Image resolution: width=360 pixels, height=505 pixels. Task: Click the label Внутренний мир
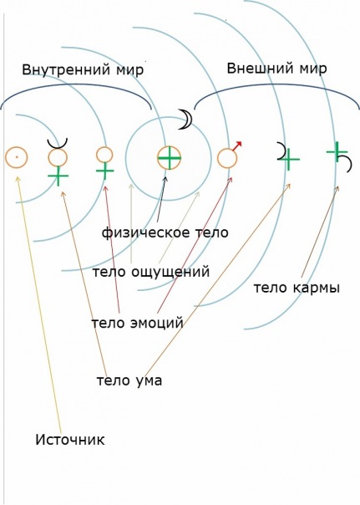click(83, 70)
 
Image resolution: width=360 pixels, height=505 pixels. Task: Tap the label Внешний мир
click(276, 69)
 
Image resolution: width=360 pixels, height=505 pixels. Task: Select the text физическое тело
click(165, 232)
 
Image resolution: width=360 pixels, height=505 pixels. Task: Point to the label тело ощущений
click(151, 272)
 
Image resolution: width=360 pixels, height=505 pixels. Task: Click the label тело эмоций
click(137, 323)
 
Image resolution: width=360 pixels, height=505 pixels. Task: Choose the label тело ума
click(129, 380)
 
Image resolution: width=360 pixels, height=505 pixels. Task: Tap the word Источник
click(70, 440)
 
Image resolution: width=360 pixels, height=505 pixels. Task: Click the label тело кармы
click(297, 288)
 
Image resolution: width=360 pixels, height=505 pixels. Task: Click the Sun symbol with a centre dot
click(17, 157)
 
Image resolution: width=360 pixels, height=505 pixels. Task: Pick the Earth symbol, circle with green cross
click(170, 158)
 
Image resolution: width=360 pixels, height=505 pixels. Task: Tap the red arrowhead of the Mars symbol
click(238, 145)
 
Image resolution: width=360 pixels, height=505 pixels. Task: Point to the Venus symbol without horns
click(104, 164)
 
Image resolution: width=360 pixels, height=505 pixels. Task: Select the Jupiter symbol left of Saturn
click(288, 157)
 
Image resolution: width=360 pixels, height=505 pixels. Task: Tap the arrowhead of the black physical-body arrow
click(165, 179)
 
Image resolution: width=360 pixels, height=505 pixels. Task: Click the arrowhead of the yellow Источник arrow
click(18, 179)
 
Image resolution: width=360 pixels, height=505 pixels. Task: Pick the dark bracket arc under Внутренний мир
click(76, 84)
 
